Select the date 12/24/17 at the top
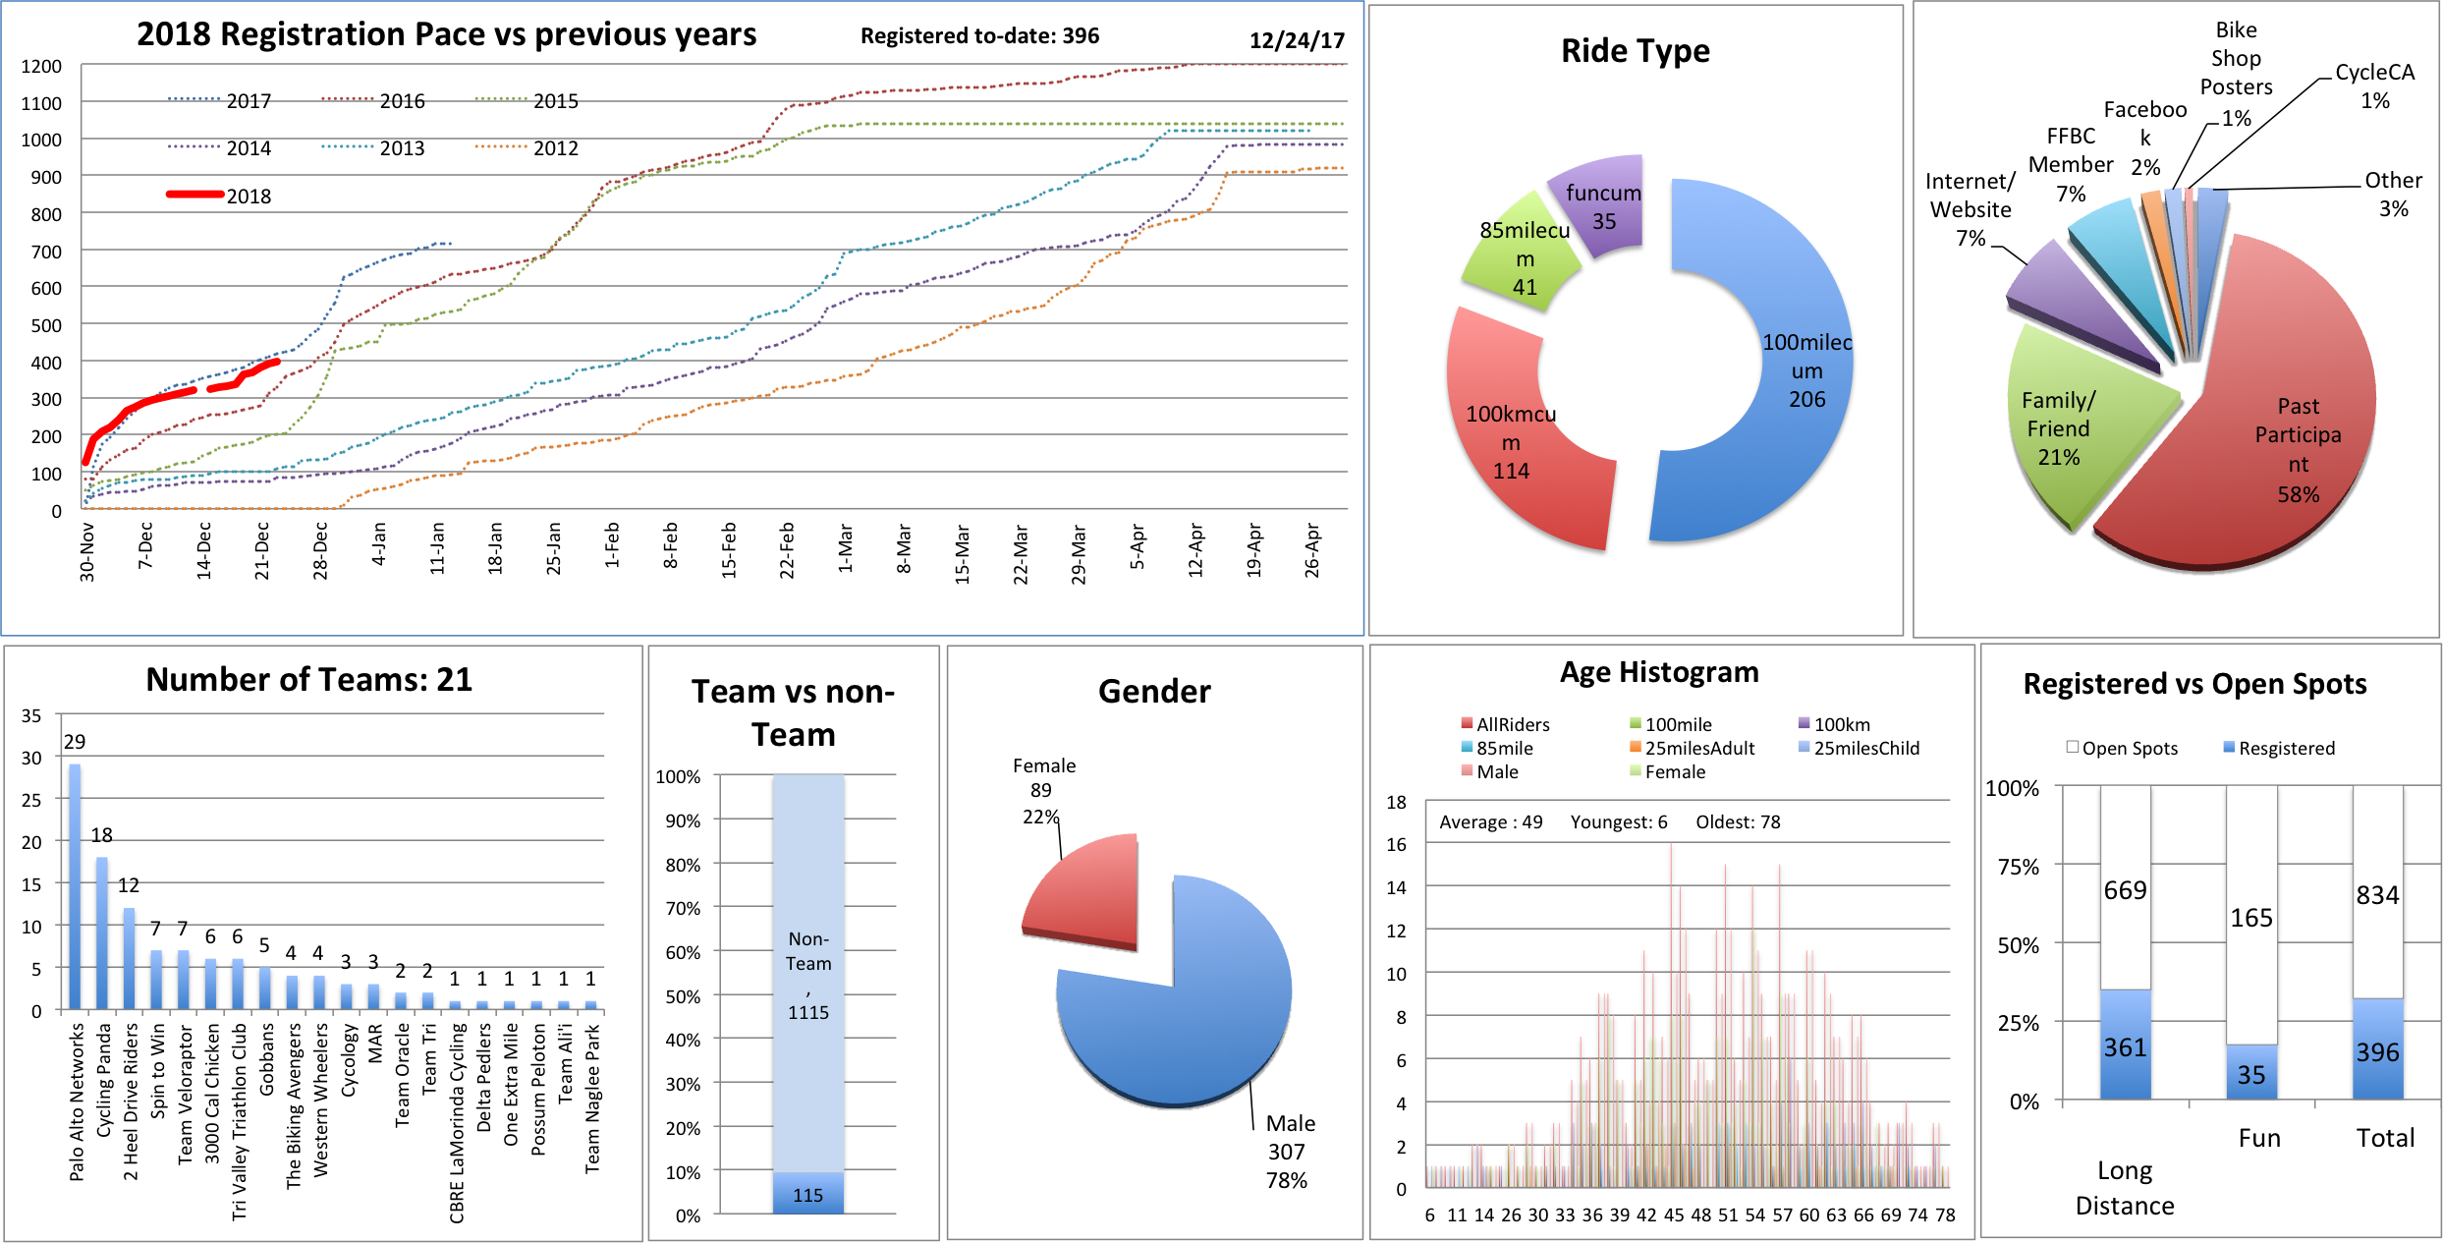point(1297,40)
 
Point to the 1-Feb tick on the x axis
point(612,545)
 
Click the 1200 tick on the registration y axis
point(41,67)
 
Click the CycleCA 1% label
point(2374,86)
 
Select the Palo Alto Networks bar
point(75,884)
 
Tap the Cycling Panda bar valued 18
point(102,933)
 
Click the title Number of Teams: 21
point(308,680)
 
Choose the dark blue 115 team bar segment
point(807,1194)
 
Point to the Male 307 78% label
point(1289,1152)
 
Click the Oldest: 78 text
point(1738,821)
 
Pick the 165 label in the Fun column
point(2250,918)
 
